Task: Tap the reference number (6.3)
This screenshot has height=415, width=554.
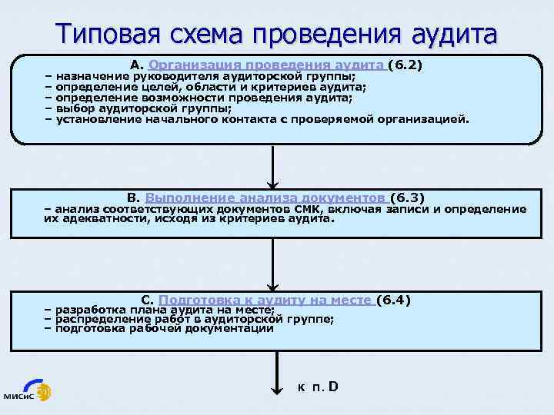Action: [x=408, y=198]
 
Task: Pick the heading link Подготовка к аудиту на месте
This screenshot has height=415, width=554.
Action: [x=265, y=300]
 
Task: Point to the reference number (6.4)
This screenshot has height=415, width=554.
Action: [x=396, y=300]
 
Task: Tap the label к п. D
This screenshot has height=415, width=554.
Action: [x=318, y=386]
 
